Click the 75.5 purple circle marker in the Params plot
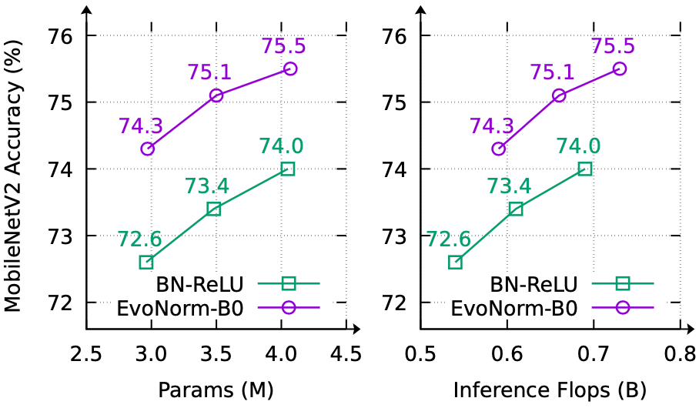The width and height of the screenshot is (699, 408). click(x=290, y=69)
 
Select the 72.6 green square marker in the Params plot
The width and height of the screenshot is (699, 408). click(x=146, y=262)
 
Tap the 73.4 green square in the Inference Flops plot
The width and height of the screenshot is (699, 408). click(x=516, y=209)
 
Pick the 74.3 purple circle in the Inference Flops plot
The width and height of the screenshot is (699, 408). click(x=498, y=149)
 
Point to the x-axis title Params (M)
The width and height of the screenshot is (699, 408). click(x=216, y=390)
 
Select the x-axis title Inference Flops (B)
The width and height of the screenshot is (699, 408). click(x=550, y=390)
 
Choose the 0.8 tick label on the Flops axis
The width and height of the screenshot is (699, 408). click(x=678, y=355)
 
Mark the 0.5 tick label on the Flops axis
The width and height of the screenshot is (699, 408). click(x=420, y=355)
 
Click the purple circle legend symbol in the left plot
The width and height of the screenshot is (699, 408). click(x=289, y=306)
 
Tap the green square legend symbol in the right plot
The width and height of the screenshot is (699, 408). click(x=623, y=283)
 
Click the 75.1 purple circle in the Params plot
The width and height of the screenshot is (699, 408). click(x=216, y=95)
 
